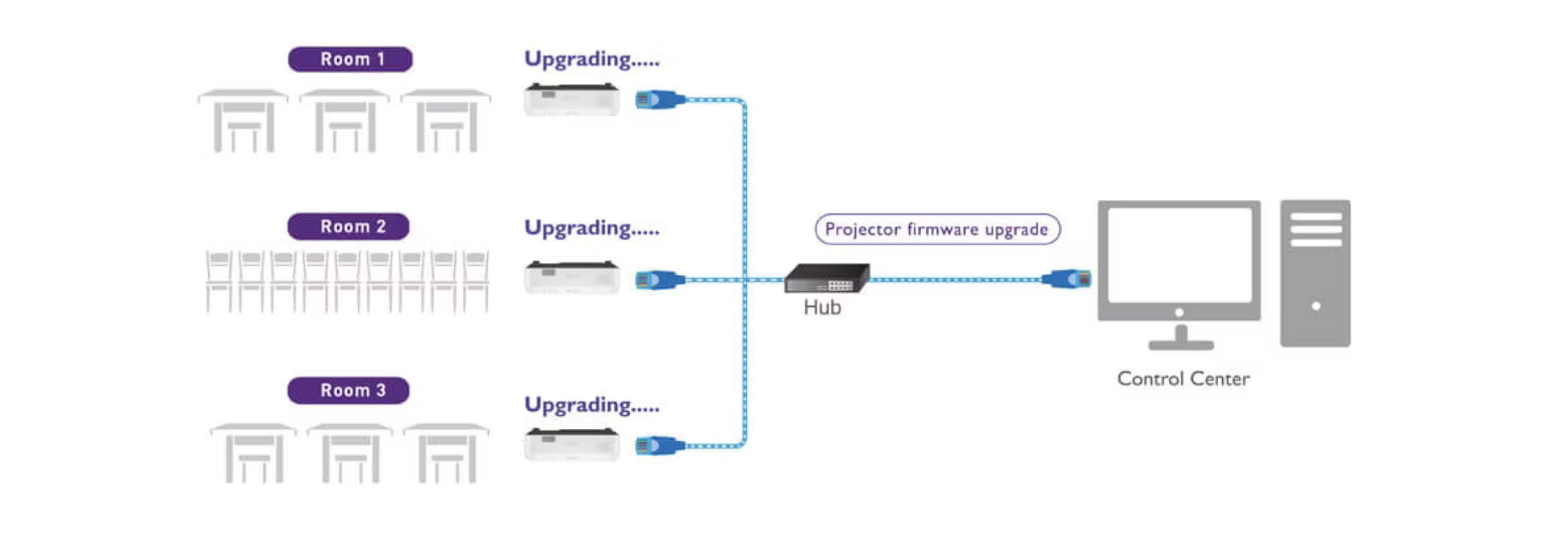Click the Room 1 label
pyautogui.click(x=350, y=59)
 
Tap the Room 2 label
pyautogui.click(x=348, y=227)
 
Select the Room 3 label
pyautogui.click(x=348, y=390)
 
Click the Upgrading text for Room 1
pyautogui.click(x=591, y=60)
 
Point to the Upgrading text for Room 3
pyautogui.click(x=591, y=405)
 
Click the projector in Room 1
pyautogui.click(x=571, y=100)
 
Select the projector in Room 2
pyautogui.click(x=571, y=277)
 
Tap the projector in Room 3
pyautogui.click(x=571, y=445)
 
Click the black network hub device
pyautogui.click(x=827, y=278)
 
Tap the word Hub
pyautogui.click(x=822, y=307)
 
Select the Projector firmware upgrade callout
pyautogui.click(x=937, y=229)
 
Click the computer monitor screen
pyautogui.click(x=1179, y=255)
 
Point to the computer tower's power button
pyautogui.click(x=1316, y=306)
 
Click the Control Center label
pyautogui.click(x=1183, y=379)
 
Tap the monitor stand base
pyautogui.click(x=1181, y=344)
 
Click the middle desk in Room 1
pyautogui.click(x=345, y=121)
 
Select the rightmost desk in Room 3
pyautogui.click(x=446, y=453)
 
